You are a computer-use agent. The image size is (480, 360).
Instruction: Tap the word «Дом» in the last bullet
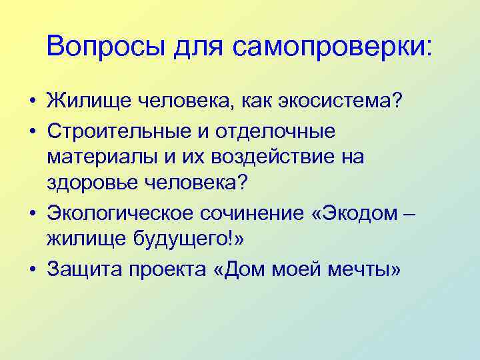[x=242, y=269]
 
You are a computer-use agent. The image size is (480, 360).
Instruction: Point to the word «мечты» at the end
[x=357, y=269]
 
